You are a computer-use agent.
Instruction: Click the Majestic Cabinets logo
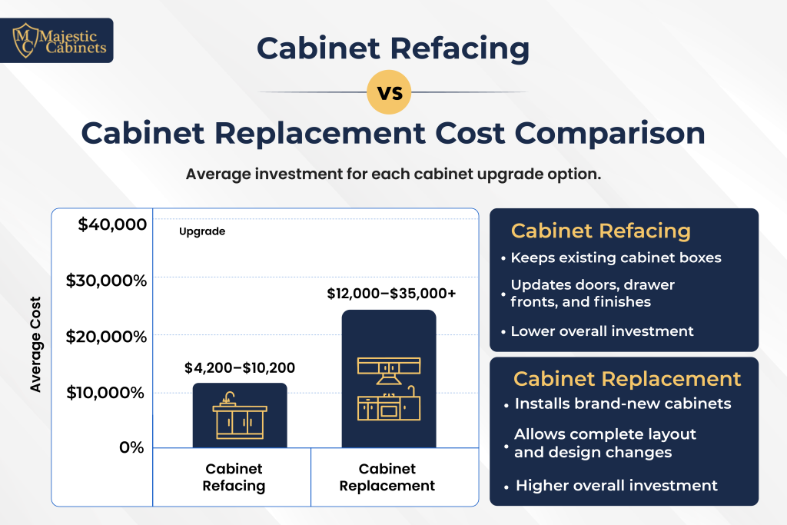[x=57, y=40]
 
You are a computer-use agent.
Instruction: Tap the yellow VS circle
[x=389, y=92]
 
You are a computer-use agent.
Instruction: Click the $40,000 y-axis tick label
[x=112, y=224]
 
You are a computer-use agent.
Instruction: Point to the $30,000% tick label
[x=106, y=281]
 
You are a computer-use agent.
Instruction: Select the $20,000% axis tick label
[x=106, y=336]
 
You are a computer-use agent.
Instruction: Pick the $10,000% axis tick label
[x=105, y=393]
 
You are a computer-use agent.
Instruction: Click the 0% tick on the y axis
[x=131, y=447]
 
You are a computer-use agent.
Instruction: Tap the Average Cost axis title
[x=35, y=344]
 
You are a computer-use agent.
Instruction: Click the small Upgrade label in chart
[x=202, y=231]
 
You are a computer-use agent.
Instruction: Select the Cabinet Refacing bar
[x=240, y=415]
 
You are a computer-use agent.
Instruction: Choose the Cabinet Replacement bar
[x=389, y=378]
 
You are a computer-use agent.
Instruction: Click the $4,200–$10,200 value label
[x=240, y=368]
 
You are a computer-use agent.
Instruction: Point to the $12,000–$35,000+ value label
[x=391, y=294]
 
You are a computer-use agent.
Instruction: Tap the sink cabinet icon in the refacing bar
[x=240, y=416]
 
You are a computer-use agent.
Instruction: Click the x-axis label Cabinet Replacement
[x=387, y=477]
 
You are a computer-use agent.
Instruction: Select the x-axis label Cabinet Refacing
[x=234, y=477]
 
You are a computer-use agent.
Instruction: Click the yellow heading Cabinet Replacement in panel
[x=627, y=379]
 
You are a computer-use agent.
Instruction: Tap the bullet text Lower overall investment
[x=602, y=331]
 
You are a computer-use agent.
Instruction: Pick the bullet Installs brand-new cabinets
[x=623, y=404]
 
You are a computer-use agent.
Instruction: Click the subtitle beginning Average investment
[x=393, y=174]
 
